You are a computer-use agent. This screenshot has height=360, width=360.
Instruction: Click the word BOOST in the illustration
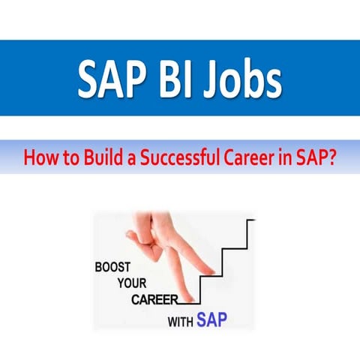116,266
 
